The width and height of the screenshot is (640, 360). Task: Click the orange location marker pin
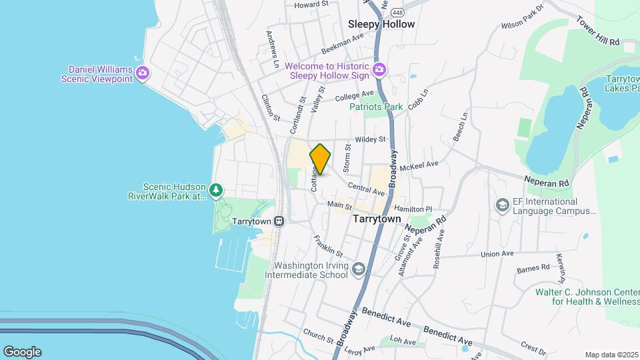click(320, 159)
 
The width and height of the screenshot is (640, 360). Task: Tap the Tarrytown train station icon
click(279, 221)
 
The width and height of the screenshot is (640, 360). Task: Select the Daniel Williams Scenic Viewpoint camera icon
click(142, 73)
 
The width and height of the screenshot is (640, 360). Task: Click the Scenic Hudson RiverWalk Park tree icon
click(215, 191)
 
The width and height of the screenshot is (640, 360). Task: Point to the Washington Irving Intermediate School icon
click(359, 269)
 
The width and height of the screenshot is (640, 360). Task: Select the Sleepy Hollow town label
click(381, 24)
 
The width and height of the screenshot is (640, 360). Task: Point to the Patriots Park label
click(377, 107)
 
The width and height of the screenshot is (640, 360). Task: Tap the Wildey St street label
click(371, 139)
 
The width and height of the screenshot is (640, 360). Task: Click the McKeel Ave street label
click(419, 164)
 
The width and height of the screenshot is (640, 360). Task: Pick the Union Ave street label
click(497, 254)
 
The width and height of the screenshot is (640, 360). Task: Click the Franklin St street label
click(328, 246)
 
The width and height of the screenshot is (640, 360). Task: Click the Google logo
click(22, 352)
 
